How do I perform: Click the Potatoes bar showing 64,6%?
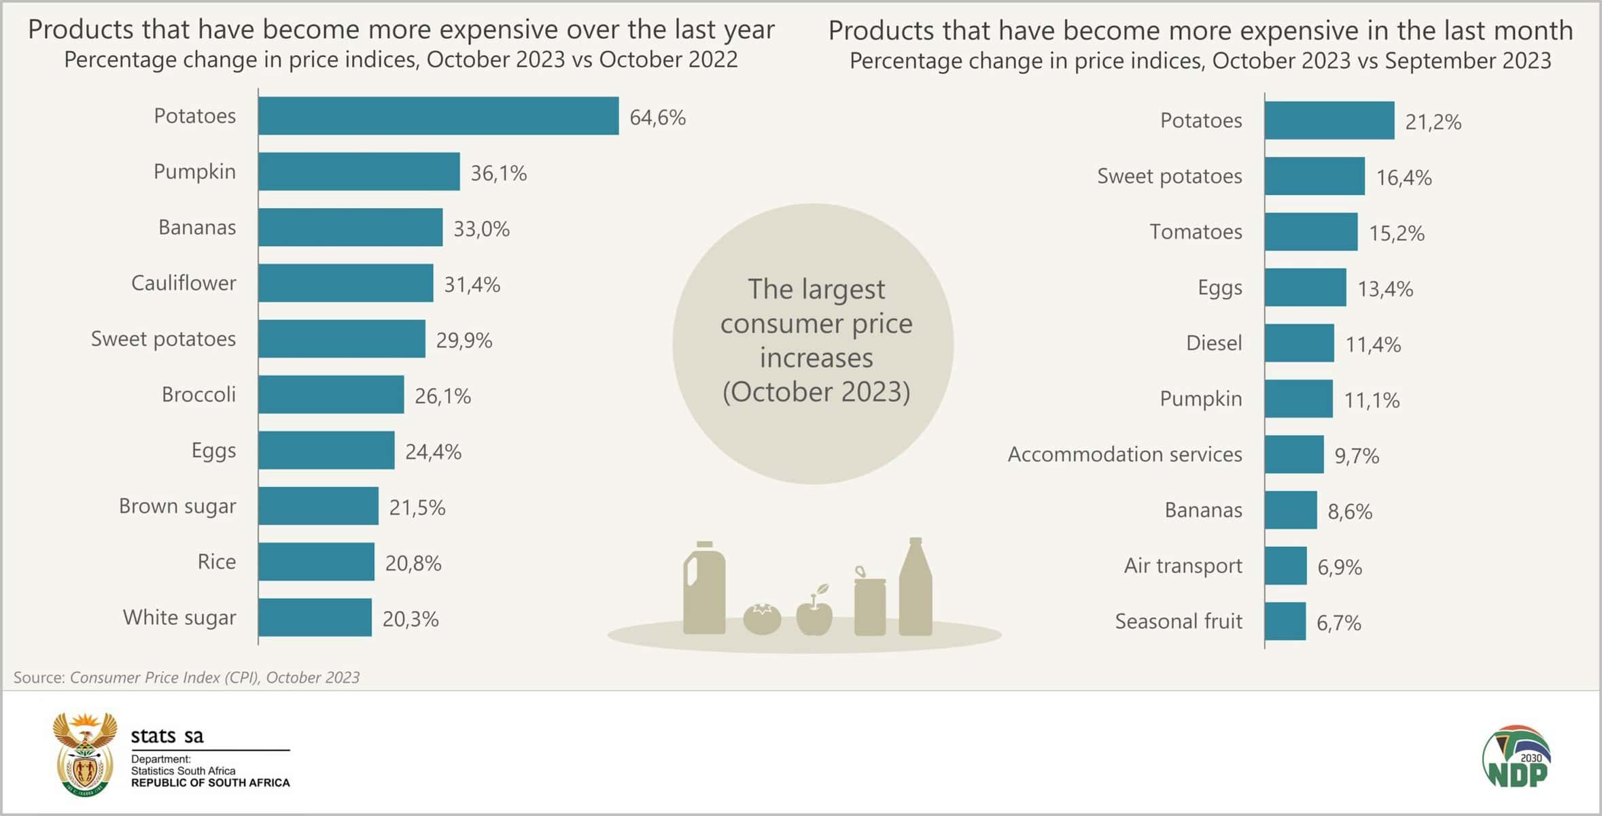438,116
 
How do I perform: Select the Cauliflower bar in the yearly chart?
346,283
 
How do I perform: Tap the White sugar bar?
315,617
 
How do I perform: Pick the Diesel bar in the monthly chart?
1300,343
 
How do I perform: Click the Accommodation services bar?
1294,454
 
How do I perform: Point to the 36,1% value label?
499,173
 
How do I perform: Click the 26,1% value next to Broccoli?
442,396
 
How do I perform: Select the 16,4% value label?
1404,177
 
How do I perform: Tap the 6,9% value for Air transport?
1340,567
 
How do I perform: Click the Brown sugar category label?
177,507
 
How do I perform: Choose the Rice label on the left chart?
217,562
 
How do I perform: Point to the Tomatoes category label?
1196,232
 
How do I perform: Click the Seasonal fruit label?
1179,622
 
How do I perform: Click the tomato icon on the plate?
762,619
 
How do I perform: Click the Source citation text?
186,677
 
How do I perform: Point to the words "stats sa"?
167,736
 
